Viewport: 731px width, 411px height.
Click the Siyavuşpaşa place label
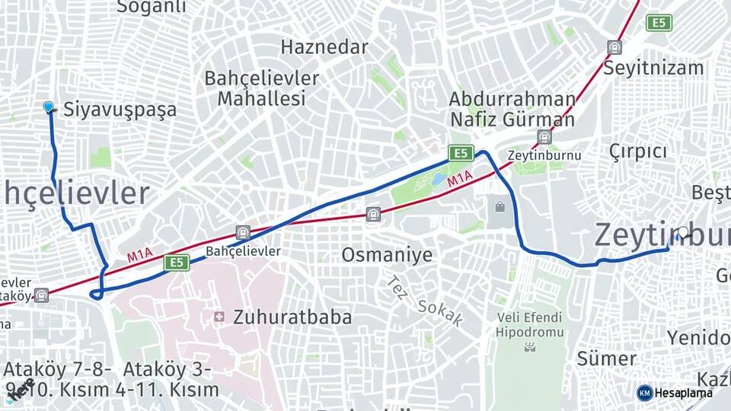click(x=120, y=109)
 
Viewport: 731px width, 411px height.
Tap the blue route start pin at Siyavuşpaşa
click(x=49, y=107)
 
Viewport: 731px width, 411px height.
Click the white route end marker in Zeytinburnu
click(x=683, y=232)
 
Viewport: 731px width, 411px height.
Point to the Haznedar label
click(x=324, y=46)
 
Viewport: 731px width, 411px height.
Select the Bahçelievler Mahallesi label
click(x=261, y=88)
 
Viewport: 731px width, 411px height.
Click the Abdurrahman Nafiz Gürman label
click(x=512, y=109)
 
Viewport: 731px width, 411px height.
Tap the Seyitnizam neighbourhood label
click(x=653, y=68)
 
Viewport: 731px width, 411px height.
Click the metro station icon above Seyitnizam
click(x=614, y=47)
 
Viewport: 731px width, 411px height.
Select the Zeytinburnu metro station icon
click(x=544, y=137)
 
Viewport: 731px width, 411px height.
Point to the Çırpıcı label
click(x=638, y=151)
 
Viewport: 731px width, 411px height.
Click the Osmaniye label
click(x=387, y=255)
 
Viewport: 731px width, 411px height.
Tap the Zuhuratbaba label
click(x=292, y=317)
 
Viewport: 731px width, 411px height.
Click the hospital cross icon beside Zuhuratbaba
click(x=219, y=317)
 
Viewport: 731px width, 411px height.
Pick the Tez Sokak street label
click(x=425, y=301)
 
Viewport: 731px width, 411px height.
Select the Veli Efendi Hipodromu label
click(x=529, y=324)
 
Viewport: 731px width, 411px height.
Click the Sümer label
click(x=606, y=358)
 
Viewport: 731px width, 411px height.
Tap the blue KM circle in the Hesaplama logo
click(x=645, y=393)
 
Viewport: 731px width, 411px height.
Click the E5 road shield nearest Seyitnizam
click(x=659, y=23)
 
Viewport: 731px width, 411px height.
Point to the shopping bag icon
click(x=500, y=206)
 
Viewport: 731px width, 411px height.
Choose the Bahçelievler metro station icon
click(x=242, y=233)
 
